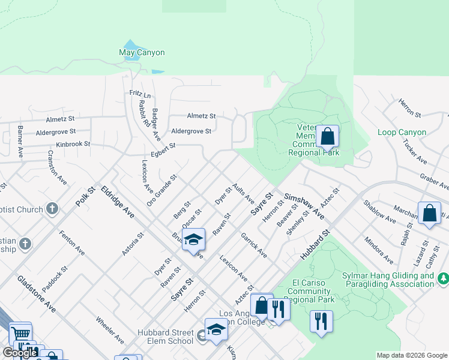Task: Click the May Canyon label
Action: point(142,53)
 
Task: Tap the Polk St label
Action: point(86,197)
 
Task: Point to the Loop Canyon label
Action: point(402,132)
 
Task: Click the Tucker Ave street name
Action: point(415,152)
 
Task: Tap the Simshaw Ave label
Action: point(305,206)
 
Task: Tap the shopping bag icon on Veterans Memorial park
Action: point(328,137)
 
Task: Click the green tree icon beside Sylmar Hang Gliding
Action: point(443,278)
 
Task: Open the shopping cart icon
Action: point(20,333)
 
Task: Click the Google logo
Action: point(20,353)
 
